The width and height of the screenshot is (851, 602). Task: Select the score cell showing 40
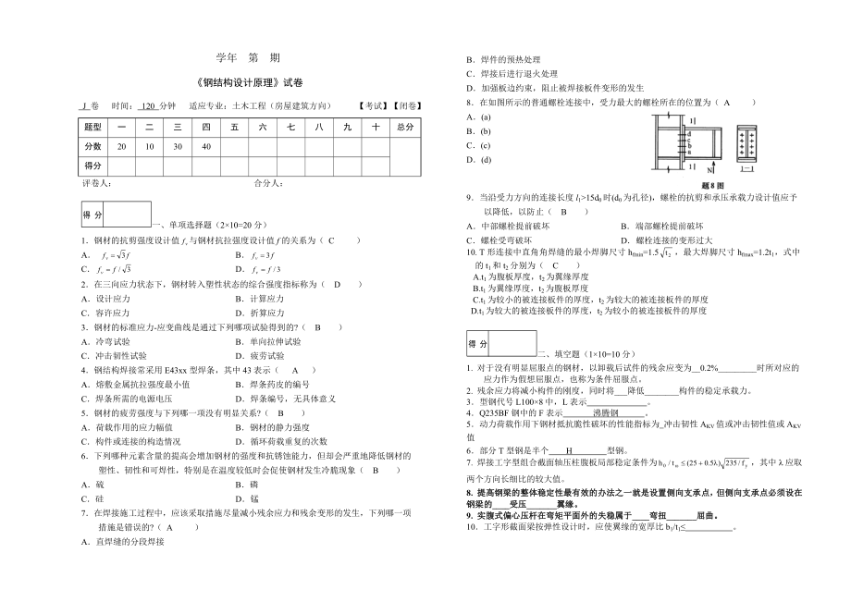click(x=206, y=146)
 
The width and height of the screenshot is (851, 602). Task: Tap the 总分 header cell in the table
click(x=404, y=127)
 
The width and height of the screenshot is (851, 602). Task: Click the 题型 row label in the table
click(x=93, y=127)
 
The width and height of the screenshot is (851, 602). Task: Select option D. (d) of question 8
click(x=486, y=159)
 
